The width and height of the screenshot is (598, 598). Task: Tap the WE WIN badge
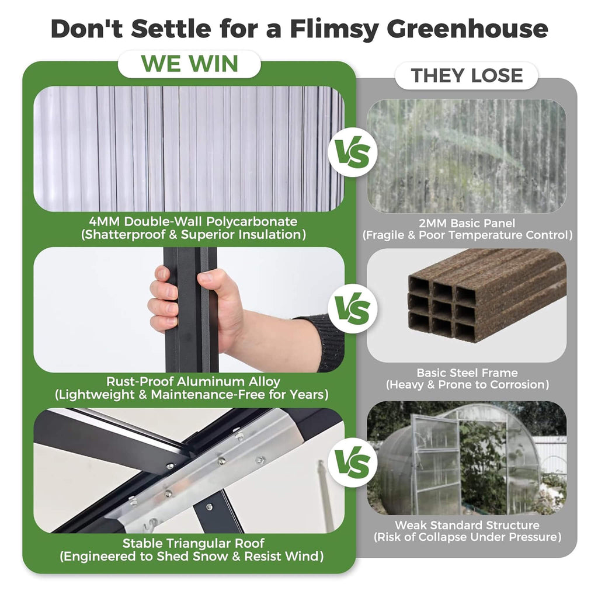click(189, 64)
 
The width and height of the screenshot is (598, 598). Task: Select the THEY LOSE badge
click(467, 75)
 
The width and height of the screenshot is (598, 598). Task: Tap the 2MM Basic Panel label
click(467, 223)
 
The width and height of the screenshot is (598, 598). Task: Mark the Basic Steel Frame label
click(467, 373)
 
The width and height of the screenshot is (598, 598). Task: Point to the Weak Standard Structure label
click(467, 525)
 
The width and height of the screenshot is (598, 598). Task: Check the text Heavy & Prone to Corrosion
click(467, 385)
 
